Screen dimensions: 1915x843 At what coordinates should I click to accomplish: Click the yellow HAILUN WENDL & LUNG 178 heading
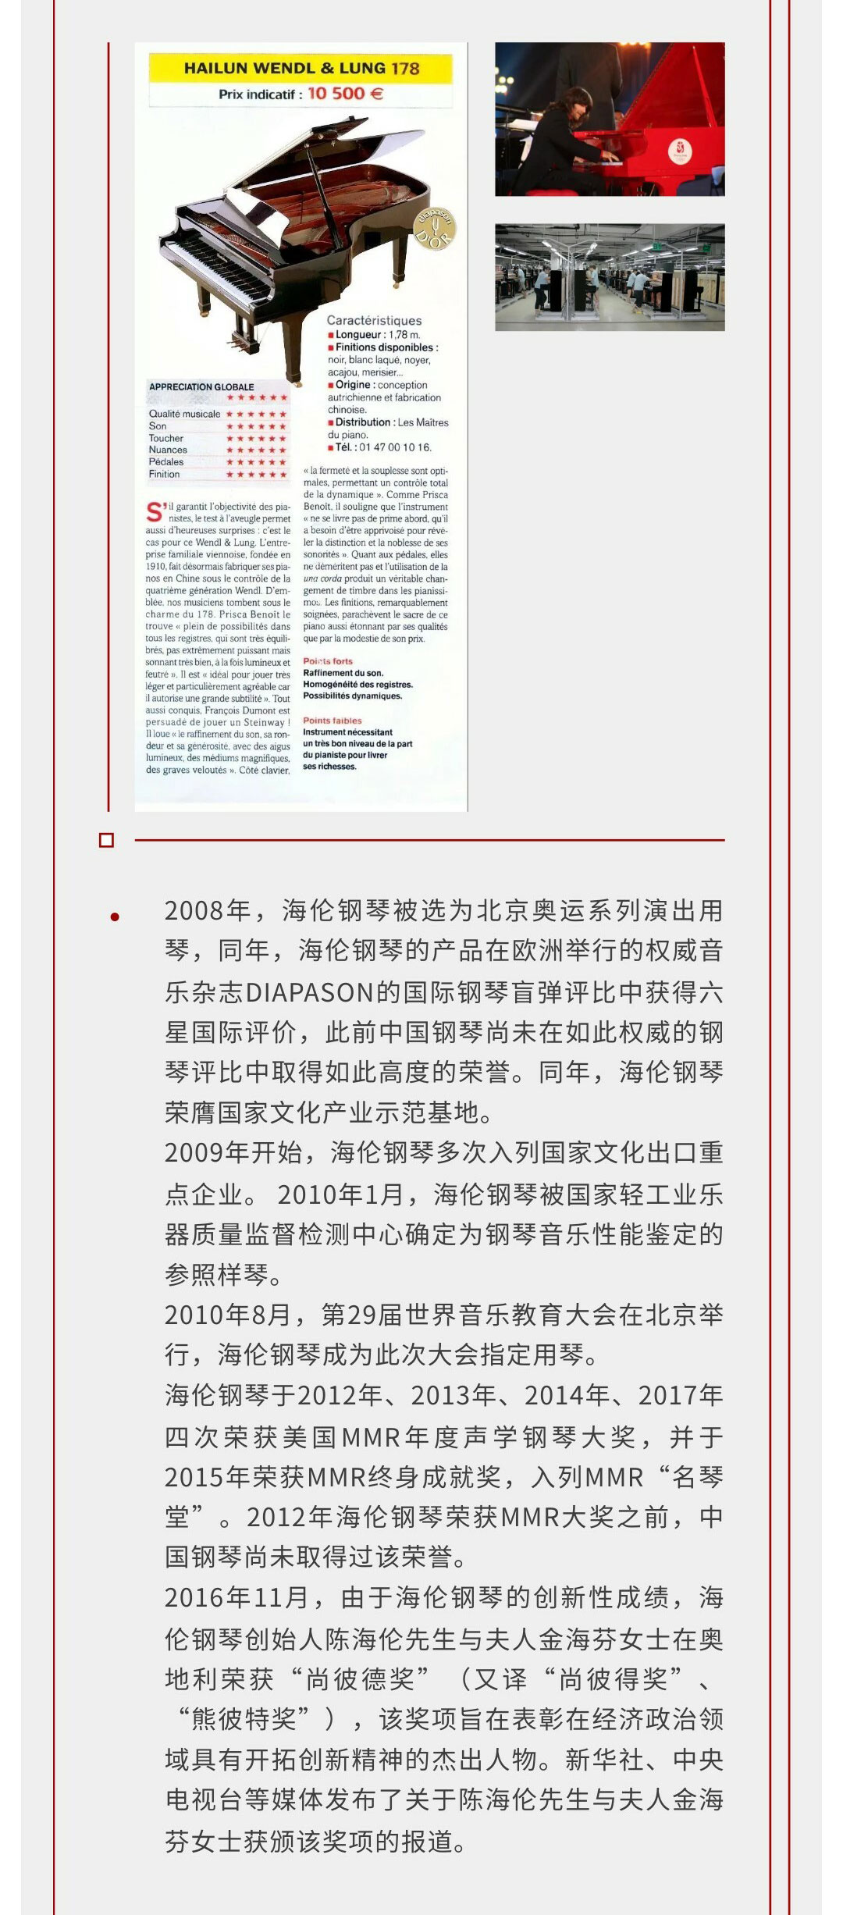click(301, 69)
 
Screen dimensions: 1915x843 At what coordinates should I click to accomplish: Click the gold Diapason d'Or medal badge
click(434, 229)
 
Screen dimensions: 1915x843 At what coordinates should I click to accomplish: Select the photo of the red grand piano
click(610, 119)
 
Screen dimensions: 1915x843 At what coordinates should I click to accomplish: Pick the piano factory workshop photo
click(610, 277)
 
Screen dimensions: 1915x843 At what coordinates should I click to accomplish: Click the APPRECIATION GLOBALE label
click(201, 386)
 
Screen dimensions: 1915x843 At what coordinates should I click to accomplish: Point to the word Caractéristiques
click(374, 320)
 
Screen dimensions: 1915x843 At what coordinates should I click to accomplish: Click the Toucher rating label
click(166, 438)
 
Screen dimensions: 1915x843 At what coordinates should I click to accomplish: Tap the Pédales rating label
click(166, 462)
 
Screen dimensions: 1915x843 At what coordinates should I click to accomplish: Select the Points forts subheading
click(328, 661)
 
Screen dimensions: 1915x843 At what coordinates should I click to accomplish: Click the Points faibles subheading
click(333, 721)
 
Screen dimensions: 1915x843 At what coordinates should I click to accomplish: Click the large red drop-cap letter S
click(155, 513)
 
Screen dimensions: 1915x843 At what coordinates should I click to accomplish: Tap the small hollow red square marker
click(107, 840)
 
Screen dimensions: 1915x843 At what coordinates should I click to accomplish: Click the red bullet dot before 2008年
click(115, 917)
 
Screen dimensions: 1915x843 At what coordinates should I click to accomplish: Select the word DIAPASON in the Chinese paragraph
click(310, 992)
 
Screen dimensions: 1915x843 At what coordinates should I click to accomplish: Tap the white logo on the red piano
click(680, 150)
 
